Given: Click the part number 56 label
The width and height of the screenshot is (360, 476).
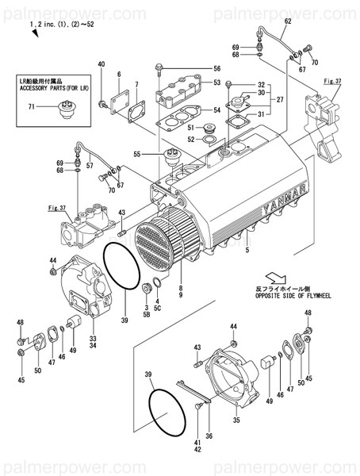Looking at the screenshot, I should coord(216,68).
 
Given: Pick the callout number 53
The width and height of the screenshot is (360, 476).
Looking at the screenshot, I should coord(216,83).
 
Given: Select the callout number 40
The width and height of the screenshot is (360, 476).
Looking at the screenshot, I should coord(101,63).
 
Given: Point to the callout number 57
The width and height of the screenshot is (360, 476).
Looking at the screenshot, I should coord(89,166).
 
